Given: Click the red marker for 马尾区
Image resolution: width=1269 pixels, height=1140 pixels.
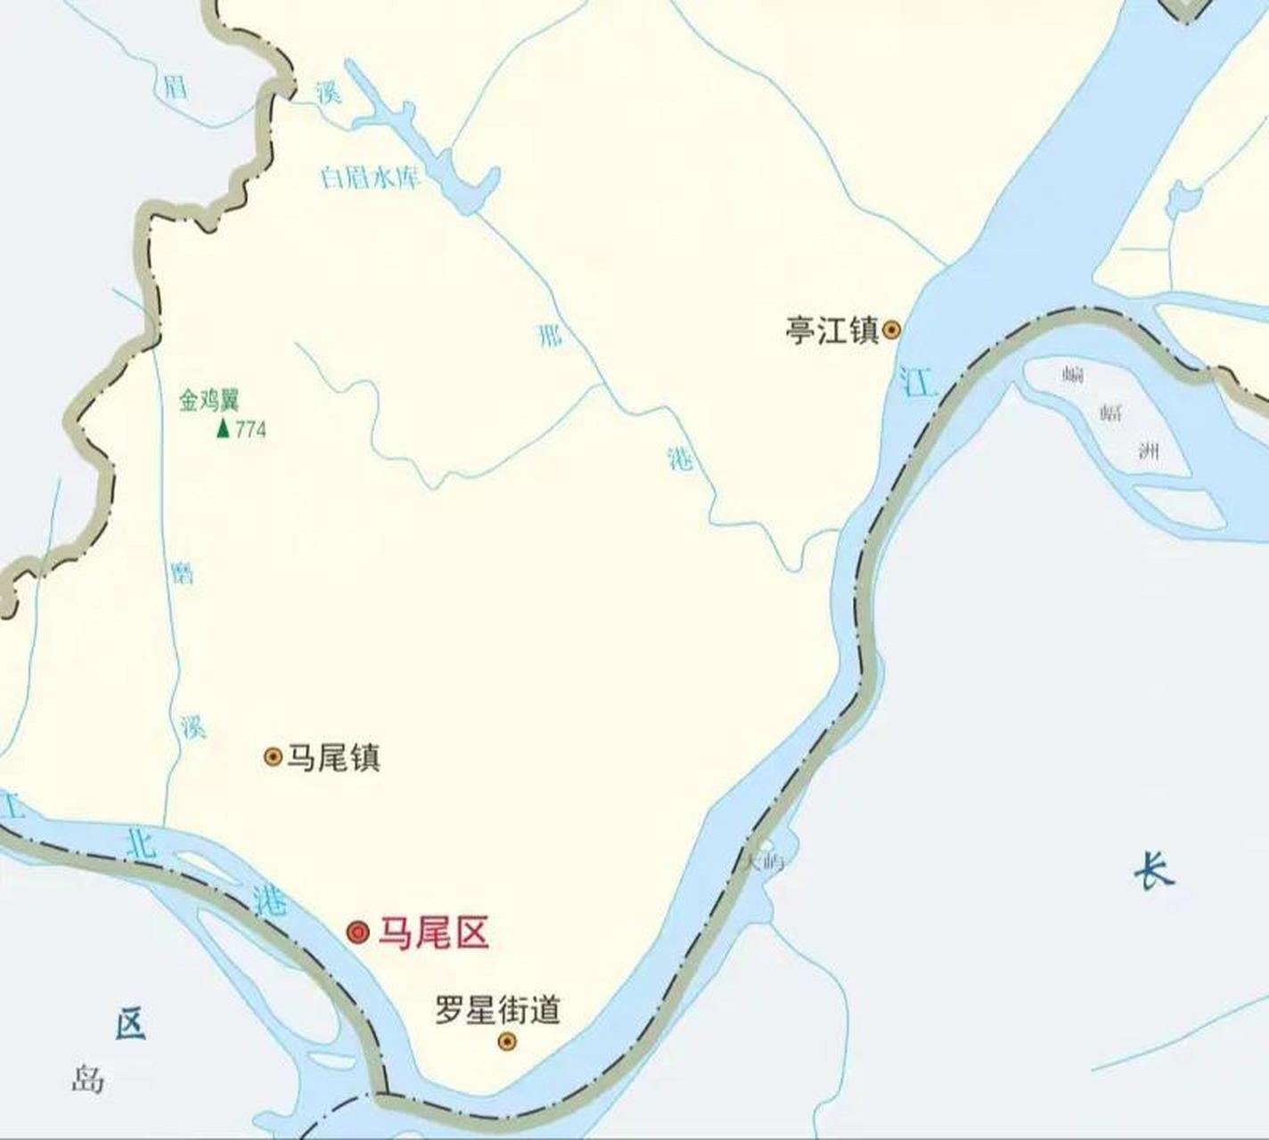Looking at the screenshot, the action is (x=358, y=932).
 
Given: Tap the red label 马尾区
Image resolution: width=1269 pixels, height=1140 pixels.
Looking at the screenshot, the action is (x=434, y=933).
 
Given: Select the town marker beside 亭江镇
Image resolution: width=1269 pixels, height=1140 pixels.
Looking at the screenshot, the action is (x=891, y=331).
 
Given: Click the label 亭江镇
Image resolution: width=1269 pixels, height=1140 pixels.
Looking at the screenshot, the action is (x=831, y=330).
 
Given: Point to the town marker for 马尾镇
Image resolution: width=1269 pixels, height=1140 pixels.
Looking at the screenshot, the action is (x=274, y=757).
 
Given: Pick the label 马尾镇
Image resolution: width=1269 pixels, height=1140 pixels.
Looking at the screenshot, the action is (x=333, y=758).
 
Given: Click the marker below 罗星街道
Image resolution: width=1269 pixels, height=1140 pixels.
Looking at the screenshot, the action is (x=507, y=1041).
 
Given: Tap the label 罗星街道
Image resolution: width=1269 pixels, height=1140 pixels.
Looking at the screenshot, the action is (x=497, y=1010).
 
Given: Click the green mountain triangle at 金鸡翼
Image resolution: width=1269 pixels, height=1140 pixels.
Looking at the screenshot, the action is (x=223, y=428).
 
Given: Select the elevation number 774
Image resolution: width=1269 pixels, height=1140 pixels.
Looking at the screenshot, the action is (x=250, y=429).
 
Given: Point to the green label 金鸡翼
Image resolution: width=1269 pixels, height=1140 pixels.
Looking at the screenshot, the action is (x=209, y=401).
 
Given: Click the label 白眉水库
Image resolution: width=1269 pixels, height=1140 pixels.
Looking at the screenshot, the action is (x=369, y=177).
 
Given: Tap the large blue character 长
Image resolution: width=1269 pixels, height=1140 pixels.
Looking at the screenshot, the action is (x=1154, y=870).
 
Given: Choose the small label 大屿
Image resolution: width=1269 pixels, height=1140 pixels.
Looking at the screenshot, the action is (x=764, y=861).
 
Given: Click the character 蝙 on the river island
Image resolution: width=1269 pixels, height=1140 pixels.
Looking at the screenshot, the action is (x=1073, y=374).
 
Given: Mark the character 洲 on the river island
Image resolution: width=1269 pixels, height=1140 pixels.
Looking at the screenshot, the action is (x=1150, y=452).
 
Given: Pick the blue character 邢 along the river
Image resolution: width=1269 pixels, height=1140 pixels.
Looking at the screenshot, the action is (x=550, y=336).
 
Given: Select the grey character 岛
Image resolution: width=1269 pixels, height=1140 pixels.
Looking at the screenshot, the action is (x=88, y=1080).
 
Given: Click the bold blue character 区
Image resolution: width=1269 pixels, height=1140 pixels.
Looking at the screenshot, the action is (x=130, y=1023).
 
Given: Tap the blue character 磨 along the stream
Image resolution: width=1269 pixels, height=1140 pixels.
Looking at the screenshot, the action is (x=182, y=574).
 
